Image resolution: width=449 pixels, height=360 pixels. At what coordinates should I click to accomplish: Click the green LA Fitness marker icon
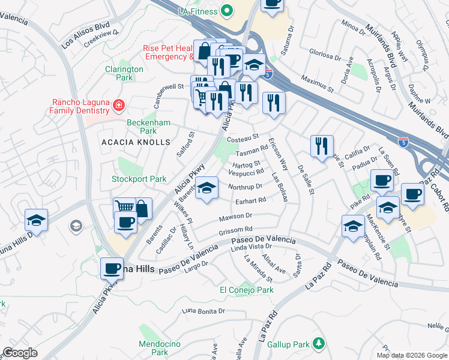pos(227,10)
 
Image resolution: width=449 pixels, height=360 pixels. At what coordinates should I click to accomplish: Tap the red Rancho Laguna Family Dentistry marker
pos(119,106)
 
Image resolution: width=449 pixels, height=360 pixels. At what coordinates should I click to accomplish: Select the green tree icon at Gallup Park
pos(320,344)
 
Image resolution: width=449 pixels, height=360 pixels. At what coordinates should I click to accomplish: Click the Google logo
pos(20,353)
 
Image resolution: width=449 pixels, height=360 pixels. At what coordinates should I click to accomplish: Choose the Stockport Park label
pos(139,179)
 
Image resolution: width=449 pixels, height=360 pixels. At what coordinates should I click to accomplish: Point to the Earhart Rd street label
pos(250,200)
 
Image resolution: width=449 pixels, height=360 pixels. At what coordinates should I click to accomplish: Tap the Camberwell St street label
pos(168,87)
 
